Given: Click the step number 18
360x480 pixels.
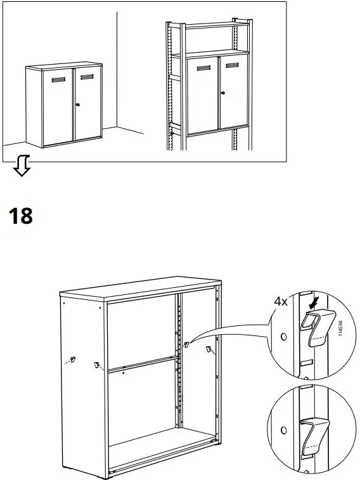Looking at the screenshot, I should pyautogui.click(x=21, y=216).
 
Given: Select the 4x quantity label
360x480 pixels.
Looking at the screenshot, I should pyautogui.click(x=281, y=302).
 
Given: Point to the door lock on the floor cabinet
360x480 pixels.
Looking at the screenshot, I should pyautogui.click(x=78, y=105).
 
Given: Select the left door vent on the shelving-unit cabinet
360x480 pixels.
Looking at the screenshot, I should pyautogui.click(x=203, y=68).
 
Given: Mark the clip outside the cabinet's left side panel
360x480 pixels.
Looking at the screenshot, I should pyautogui.click(x=72, y=360).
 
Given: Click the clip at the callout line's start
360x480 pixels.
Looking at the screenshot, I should pyautogui.click(x=186, y=346).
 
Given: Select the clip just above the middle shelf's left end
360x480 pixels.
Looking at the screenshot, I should pyautogui.click(x=97, y=365).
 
